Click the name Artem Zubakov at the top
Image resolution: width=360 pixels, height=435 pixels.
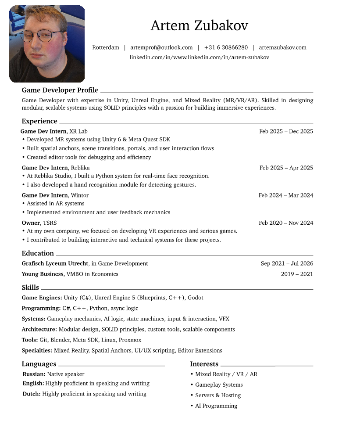[199, 26]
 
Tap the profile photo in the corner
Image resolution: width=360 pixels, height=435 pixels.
[47, 44]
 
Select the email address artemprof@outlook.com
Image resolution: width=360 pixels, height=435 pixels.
[161, 47]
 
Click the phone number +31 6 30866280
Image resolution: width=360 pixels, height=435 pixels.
[226, 47]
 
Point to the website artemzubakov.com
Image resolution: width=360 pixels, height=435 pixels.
[282, 47]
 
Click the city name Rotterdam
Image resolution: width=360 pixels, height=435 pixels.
[106, 47]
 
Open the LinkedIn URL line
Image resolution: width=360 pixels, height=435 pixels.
[199, 58]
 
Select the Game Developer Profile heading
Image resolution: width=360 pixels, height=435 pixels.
[60, 90]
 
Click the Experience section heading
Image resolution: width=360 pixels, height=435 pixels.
[39, 121]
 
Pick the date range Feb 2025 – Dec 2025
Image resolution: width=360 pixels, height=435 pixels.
[286, 131]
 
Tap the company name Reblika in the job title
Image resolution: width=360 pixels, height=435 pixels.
[80, 168]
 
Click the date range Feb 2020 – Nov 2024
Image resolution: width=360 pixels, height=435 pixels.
[286, 223]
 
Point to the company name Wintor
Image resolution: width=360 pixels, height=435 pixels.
[80, 195]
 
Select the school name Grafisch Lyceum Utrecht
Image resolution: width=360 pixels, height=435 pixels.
[56, 264]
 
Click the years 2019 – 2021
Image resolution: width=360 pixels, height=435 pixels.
[297, 274]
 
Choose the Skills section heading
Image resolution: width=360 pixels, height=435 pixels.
[30, 288]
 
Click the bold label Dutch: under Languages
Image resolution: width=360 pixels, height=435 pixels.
[32, 394]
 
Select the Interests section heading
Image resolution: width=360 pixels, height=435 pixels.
[204, 364]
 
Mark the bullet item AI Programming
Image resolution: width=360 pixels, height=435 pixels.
[216, 406]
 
